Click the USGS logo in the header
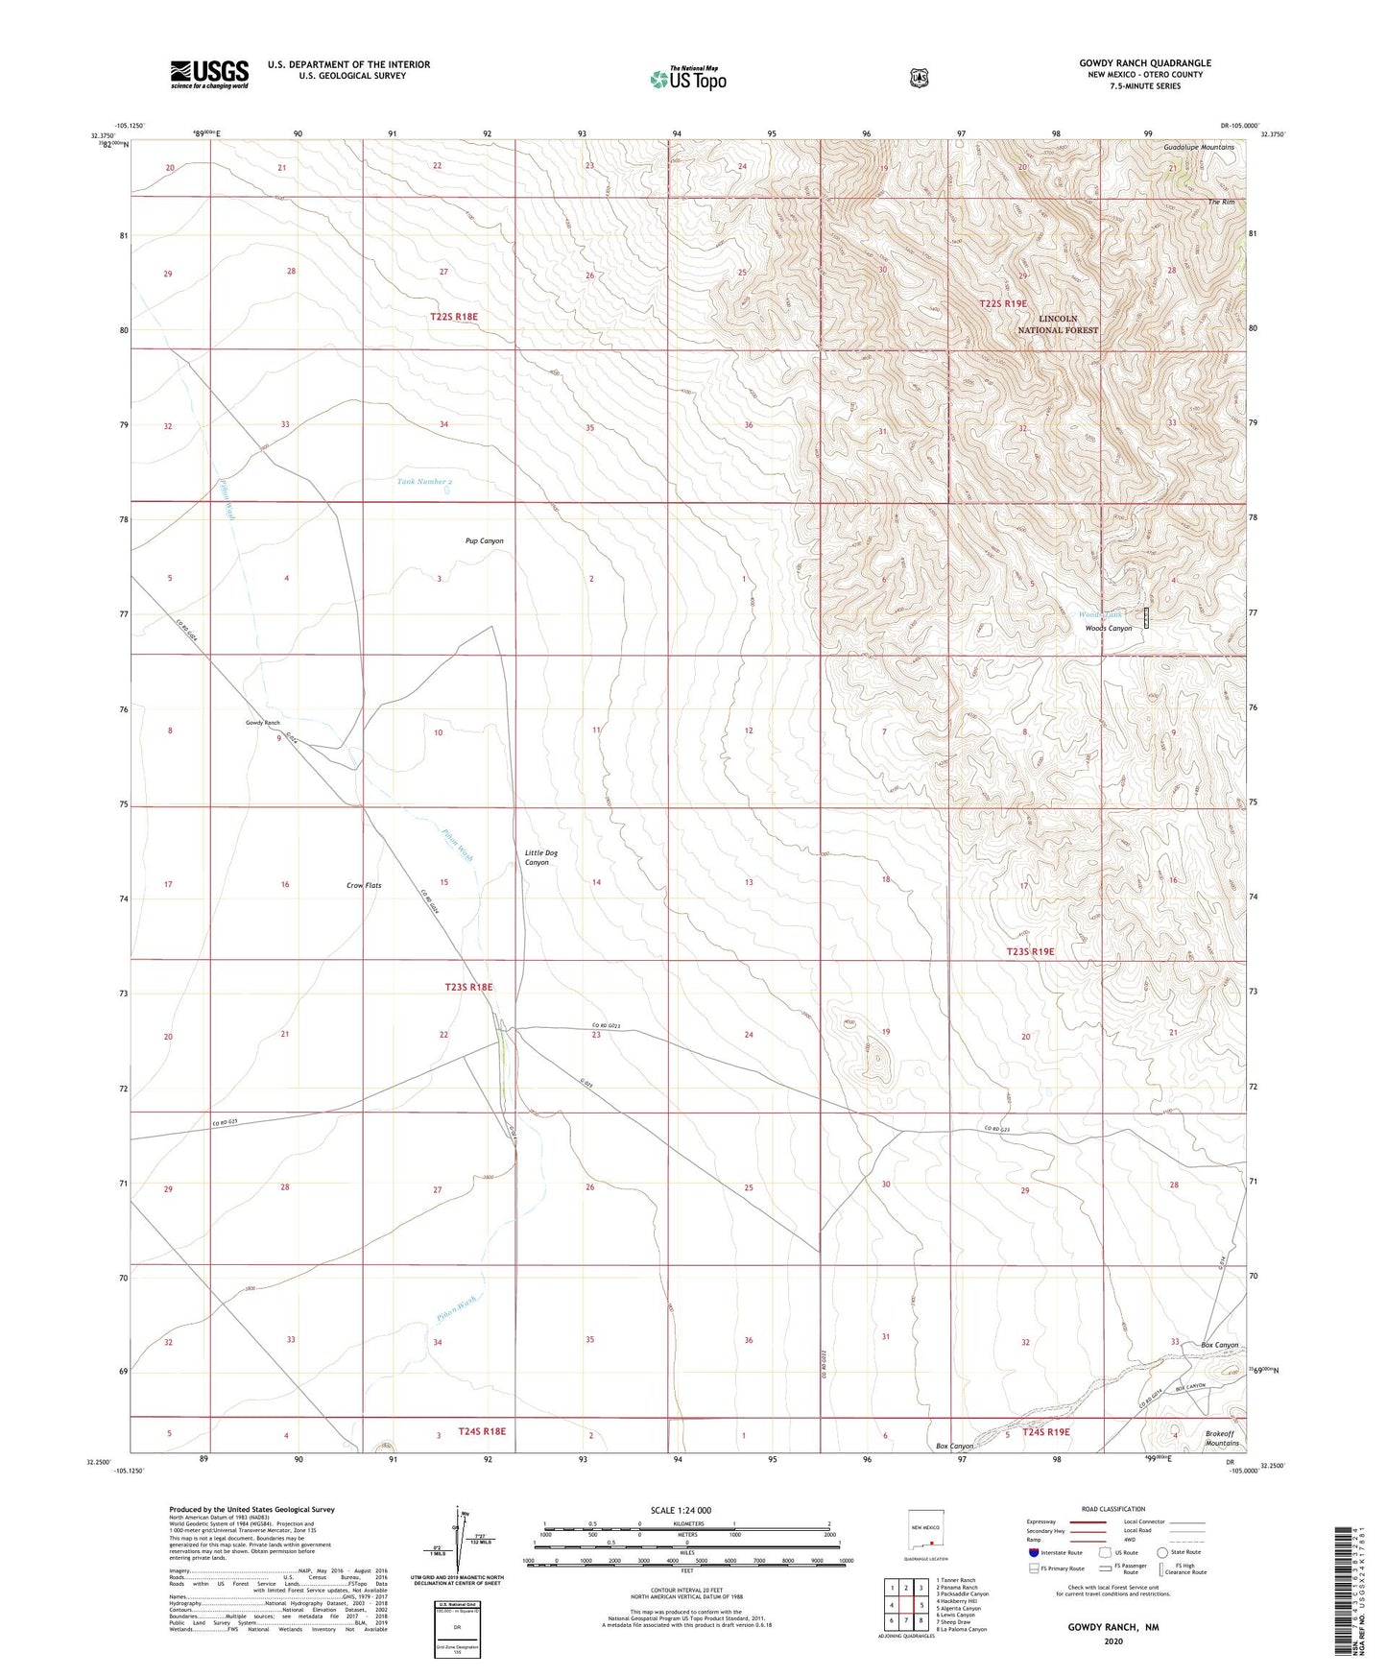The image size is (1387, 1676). tap(209, 74)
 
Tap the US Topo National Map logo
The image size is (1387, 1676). tap(687, 78)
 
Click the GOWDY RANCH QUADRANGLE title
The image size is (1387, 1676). tap(1144, 63)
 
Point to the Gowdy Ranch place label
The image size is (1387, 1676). tap(262, 722)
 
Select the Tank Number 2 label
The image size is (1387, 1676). tap(424, 481)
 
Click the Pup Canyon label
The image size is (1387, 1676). tap(484, 540)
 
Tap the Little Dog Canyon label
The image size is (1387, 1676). tap(540, 857)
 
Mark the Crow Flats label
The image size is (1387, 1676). tap(364, 885)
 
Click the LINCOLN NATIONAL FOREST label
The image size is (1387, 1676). tap(1058, 323)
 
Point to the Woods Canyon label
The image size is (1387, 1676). tap(1108, 628)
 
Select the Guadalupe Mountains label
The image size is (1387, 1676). tap(1199, 147)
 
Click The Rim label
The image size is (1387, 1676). tap(1221, 203)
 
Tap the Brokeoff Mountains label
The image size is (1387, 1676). tap(1222, 1438)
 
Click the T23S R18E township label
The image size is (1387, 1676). tap(468, 987)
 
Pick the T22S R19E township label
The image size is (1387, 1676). tap(1003, 303)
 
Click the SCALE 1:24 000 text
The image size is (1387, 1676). tap(681, 1510)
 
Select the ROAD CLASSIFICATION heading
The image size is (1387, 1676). tap(1112, 1509)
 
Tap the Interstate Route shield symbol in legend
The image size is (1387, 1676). tap(1033, 1551)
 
